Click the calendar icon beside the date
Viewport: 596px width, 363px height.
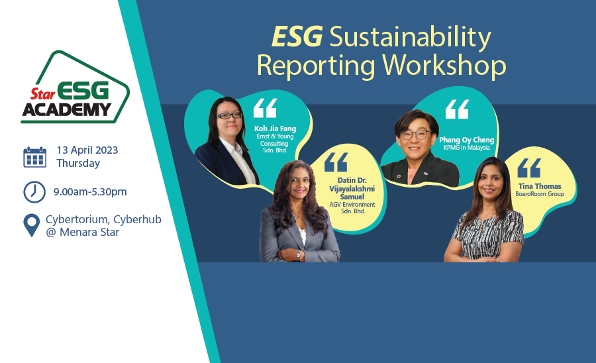(x=35, y=157)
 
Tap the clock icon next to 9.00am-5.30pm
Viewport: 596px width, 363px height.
(x=34, y=192)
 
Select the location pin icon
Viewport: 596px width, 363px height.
(x=31, y=225)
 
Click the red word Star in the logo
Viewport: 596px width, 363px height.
(x=43, y=93)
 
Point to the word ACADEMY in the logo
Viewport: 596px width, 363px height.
(x=66, y=109)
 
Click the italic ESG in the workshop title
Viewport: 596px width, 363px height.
(x=297, y=36)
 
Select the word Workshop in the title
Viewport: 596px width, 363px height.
(x=444, y=66)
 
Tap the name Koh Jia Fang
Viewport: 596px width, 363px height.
(x=275, y=129)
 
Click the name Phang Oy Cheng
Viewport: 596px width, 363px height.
(x=466, y=140)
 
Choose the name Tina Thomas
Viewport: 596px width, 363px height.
(x=540, y=186)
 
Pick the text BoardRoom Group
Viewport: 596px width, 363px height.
(x=540, y=194)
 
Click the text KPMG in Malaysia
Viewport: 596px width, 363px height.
(x=466, y=148)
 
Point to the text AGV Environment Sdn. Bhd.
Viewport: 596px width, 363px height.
(x=352, y=207)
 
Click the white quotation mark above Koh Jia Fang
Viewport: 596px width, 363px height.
(x=266, y=109)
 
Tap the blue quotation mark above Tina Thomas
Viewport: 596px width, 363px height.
(x=529, y=168)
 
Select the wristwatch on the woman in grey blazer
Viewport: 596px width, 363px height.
(x=299, y=254)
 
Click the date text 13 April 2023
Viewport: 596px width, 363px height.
(x=87, y=150)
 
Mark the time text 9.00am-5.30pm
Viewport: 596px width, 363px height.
(x=90, y=192)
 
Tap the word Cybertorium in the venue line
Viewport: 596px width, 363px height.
(x=77, y=219)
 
